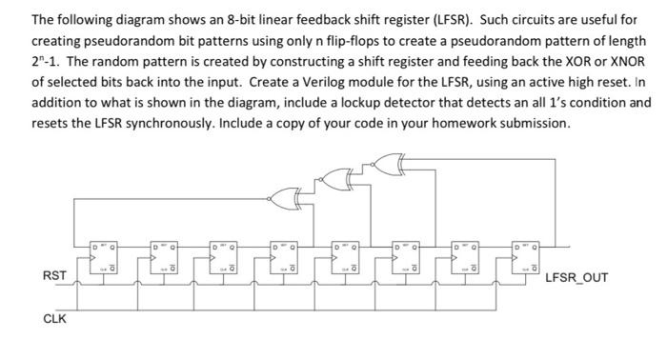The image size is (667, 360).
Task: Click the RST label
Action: point(54,276)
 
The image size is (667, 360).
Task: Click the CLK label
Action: point(54,319)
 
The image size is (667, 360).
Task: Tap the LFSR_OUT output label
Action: point(576,278)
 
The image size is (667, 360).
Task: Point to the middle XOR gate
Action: point(336,174)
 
